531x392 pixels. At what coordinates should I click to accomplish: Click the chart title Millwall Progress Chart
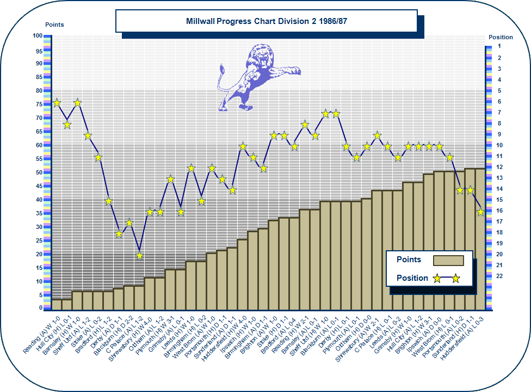pyautogui.click(x=266, y=21)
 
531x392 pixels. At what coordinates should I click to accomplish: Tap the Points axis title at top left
pyautogui.click(x=54, y=25)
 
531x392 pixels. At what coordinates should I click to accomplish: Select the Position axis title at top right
pyautogui.click(x=501, y=37)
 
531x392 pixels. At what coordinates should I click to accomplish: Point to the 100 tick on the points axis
pyautogui.click(x=37, y=36)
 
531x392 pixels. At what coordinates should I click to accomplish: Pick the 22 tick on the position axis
pyautogui.click(x=499, y=276)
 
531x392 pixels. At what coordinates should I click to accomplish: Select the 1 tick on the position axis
pyautogui.click(x=499, y=47)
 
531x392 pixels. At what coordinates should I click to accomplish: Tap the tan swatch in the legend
pyautogui.click(x=448, y=261)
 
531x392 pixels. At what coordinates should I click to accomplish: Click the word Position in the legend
pyautogui.click(x=412, y=278)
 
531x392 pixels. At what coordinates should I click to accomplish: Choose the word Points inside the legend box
pyautogui.click(x=409, y=260)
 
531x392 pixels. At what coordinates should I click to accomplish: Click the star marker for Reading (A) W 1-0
pyautogui.click(x=57, y=102)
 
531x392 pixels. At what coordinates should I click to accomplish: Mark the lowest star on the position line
pyautogui.click(x=140, y=255)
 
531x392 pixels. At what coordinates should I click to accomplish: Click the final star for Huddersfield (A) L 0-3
pyautogui.click(x=480, y=212)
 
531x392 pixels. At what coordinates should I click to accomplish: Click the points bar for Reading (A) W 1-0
pyautogui.click(x=57, y=305)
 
